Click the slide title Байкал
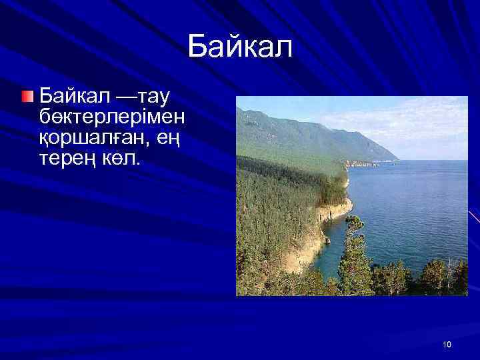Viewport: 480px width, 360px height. point(240,47)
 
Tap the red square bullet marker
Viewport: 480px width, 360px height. point(26,97)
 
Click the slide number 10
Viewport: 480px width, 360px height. point(446,344)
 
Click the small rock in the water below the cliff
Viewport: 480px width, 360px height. point(327,239)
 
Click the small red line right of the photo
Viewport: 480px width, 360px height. point(474,217)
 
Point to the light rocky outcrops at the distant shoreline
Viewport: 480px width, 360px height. point(360,163)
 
